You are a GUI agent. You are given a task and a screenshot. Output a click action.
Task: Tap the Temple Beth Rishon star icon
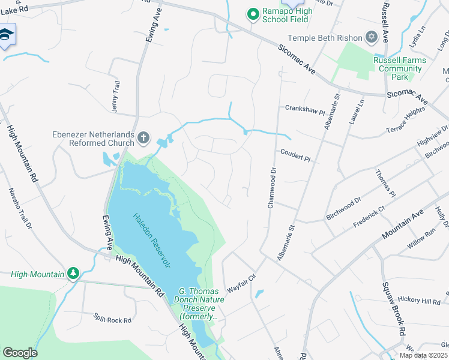click(372, 38)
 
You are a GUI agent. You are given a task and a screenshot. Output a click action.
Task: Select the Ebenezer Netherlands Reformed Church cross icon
click(143, 139)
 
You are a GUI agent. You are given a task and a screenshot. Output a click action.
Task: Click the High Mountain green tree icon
click(73, 274)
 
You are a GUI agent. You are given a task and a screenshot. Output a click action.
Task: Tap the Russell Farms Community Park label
click(399, 68)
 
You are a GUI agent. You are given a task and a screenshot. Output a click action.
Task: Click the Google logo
click(20, 353)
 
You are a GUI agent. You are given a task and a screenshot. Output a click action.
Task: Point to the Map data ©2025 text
click(423, 355)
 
